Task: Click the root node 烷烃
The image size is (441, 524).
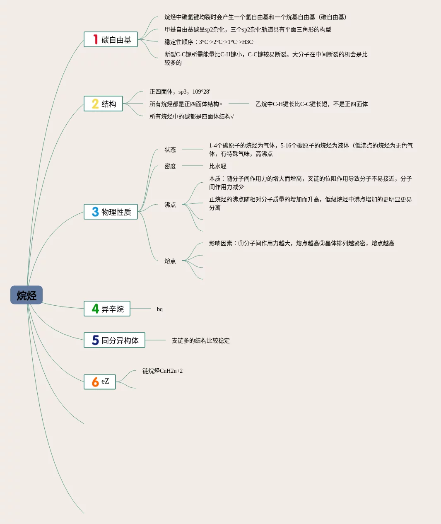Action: coord(27,295)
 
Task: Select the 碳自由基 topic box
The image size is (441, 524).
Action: coord(111,40)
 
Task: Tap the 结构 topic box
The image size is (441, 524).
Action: coord(104,104)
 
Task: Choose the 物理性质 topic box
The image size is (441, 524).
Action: coord(111,212)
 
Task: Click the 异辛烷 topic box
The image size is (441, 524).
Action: coord(107,309)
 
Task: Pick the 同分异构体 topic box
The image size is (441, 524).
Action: coord(115,340)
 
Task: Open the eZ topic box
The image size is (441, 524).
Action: coord(100,382)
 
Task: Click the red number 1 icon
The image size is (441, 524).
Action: coord(95,39)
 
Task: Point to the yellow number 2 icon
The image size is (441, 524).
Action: coord(95,104)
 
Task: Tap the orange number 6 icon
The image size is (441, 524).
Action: coord(95,382)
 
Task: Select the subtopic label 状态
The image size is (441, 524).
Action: coord(170,150)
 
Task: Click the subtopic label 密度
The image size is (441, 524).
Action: coord(170,166)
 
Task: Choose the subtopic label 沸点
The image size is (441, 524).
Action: coord(170,205)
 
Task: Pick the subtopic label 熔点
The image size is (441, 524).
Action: coord(170,261)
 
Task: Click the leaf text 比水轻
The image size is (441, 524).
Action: coord(218,166)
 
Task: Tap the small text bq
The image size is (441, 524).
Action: coord(160,309)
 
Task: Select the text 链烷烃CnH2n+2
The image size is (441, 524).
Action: coord(162,371)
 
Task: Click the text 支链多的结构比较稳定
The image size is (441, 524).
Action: coord(201,340)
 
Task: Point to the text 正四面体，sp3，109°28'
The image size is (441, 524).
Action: coord(180,92)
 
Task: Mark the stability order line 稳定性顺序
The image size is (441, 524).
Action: coord(210,42)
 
